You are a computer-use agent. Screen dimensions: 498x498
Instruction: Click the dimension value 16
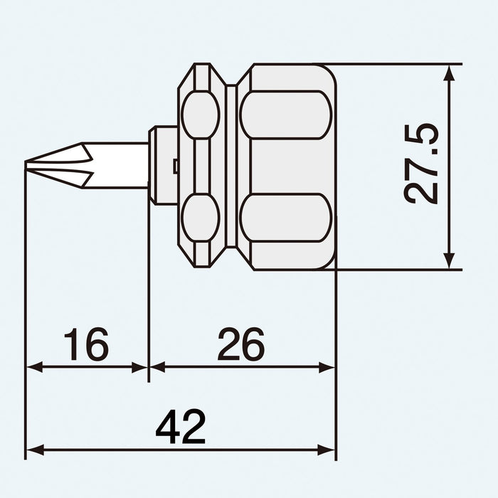point(86,344)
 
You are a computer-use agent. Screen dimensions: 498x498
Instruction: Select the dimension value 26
point(240,344)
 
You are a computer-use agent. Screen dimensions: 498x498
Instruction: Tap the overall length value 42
point(181,428)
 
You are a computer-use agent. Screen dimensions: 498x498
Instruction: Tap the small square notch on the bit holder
point(174,166)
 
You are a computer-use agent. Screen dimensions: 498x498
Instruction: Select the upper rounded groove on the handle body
point(285,115)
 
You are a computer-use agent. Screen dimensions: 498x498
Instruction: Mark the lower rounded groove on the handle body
point(285,218)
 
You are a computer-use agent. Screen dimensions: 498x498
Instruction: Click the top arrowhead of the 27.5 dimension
point(449,71)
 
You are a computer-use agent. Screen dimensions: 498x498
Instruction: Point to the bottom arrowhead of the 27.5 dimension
point(449,262)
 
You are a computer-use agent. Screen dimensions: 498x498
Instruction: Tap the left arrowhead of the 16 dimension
point(33,367)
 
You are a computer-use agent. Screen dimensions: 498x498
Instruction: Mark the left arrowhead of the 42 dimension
point(33,450)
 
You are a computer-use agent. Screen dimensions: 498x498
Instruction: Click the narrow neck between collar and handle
point(231,166)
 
